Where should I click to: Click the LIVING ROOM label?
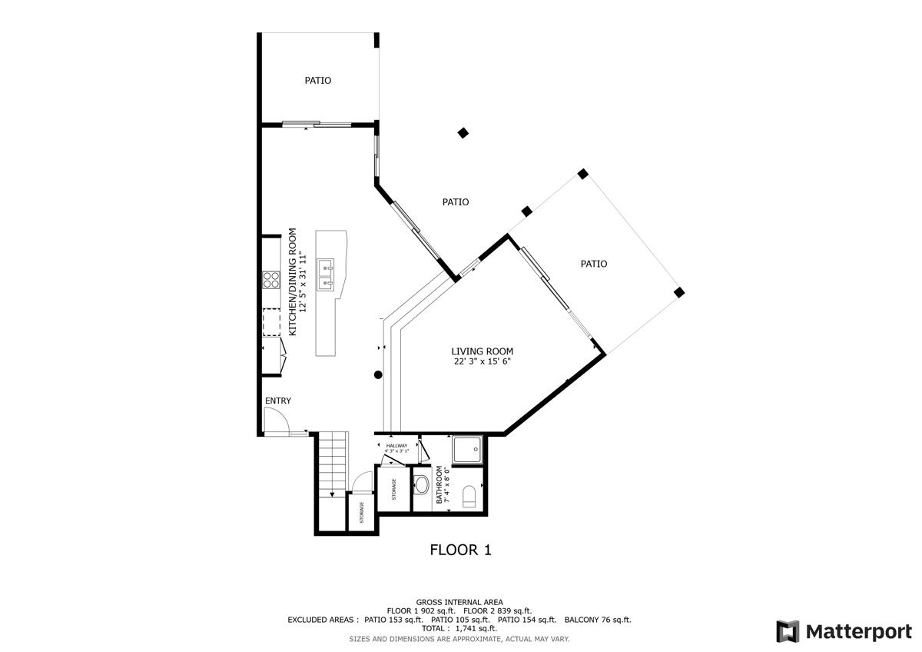[482, 351]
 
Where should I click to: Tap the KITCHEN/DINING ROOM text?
[292, 281]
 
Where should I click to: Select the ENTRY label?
[278, 401]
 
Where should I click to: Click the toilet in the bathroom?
[469, 497]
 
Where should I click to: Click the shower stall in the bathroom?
[467, 450]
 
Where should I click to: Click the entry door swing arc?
[275, 420]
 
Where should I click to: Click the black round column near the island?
[378, 374]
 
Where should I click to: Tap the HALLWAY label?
[397, 446]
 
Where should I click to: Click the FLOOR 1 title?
[459, 550]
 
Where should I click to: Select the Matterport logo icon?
[788, 631]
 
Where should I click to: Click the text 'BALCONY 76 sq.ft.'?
[597, 620]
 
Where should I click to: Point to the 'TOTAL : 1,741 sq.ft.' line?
[459, 629]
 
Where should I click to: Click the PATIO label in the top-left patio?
[318, 80]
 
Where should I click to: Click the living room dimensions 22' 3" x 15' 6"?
[482, 361]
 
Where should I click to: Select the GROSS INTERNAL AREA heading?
[459, 602]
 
